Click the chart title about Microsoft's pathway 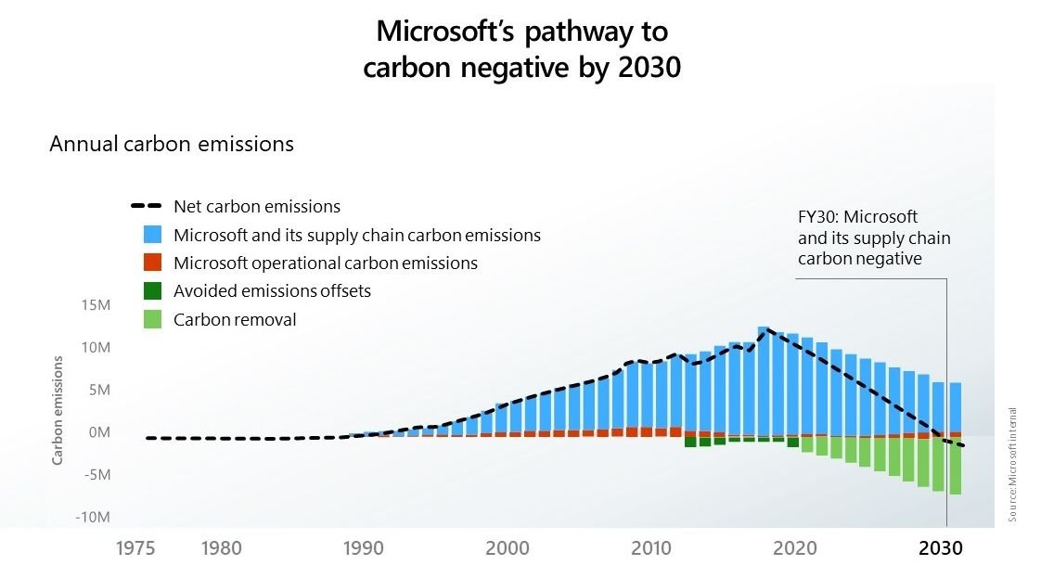pos(521,49)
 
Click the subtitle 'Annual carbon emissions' pos(172,144)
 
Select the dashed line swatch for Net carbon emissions pos(148,207)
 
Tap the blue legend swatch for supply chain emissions pos(153,235)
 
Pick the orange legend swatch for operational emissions pos(153,263)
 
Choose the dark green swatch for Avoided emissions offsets pos(153,290)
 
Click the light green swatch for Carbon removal pos(153,319)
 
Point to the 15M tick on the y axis pos(96,305)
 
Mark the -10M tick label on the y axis pos(94,517)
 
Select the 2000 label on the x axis pos(508,548)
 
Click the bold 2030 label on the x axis pos(941,548)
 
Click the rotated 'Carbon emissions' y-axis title pos(58,410)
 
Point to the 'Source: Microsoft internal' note pos(1013,464)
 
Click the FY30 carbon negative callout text pos(873,238)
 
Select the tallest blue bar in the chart pos(763,380)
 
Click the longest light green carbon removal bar pos(955,466)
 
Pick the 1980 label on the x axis pos(221,548)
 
